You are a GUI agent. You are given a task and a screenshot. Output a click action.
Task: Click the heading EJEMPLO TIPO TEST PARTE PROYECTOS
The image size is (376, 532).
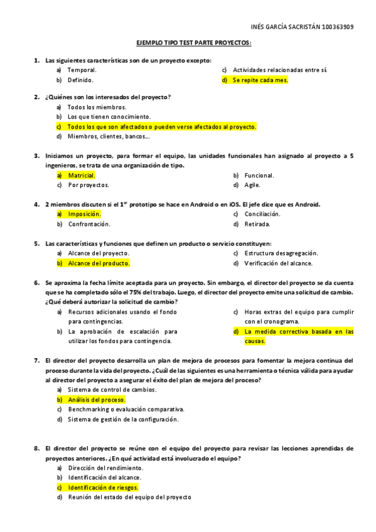coord(194,43)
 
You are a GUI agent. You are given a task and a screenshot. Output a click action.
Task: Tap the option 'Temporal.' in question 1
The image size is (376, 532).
coord(82,70)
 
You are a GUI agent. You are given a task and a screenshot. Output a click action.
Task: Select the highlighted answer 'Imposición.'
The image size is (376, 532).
coord(84,214)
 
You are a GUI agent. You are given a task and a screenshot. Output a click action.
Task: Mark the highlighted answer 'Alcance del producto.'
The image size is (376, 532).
coord(99,263)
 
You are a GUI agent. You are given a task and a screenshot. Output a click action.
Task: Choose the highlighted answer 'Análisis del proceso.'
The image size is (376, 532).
coord(97,399)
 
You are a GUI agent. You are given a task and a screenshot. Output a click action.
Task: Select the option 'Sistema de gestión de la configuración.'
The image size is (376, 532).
coord(123,419)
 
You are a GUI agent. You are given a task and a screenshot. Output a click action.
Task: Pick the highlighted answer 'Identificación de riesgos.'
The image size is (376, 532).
coord(104,487)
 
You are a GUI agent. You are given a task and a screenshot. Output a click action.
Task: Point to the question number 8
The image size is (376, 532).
coord(36,449)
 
